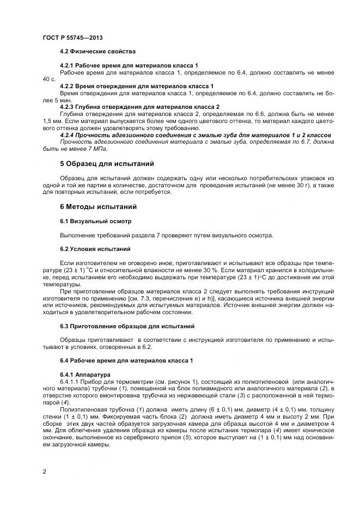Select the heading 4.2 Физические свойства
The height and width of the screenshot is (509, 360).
pyautogui.click(x=97, y=51)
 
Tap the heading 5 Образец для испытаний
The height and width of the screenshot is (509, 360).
pyautogui.click(x=107, y=163)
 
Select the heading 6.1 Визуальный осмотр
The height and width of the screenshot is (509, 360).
pyautogui.click(x=95, y=221)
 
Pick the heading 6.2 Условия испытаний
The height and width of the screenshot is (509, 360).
pyautogui.click(x=95, y=249)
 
